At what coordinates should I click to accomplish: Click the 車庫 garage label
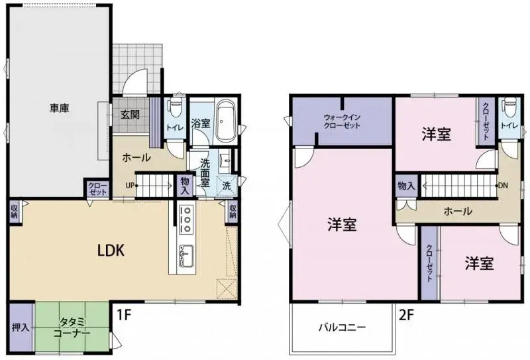pyautogui.click(x=59, y=107)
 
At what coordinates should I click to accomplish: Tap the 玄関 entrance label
pyautogui.click(x=130, y=114)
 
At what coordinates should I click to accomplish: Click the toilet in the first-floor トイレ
pyautogui.click(x=176, y=107)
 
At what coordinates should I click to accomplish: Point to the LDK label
pyautogui.click(x=111, y=250)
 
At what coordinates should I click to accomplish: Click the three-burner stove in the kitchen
pyautogui.click(x=186, y=219)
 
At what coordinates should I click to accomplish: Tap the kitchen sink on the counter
pyautogui.click(x=185, y=252)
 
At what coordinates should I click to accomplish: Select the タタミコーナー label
pyautogui.click(x=71, y=328)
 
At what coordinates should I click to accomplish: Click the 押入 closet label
pyautogui.click(x=21, y=328)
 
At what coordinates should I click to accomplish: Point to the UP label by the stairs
pyautogui.click(x=131, y=185)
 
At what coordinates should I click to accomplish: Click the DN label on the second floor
pyautogui.click(x=503, y=186)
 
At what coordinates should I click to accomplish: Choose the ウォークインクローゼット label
pyautogui.click(x=342, y=120)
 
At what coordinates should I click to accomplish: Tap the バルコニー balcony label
pyautogui.click(x=342, y=327)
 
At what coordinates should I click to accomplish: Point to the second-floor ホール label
pyautogui.click(x=458, y=211)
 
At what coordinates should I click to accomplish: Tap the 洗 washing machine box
pyautogui.click(x=227, y=186)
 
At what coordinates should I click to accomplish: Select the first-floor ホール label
pyautogui.click(x=136, y=158)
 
